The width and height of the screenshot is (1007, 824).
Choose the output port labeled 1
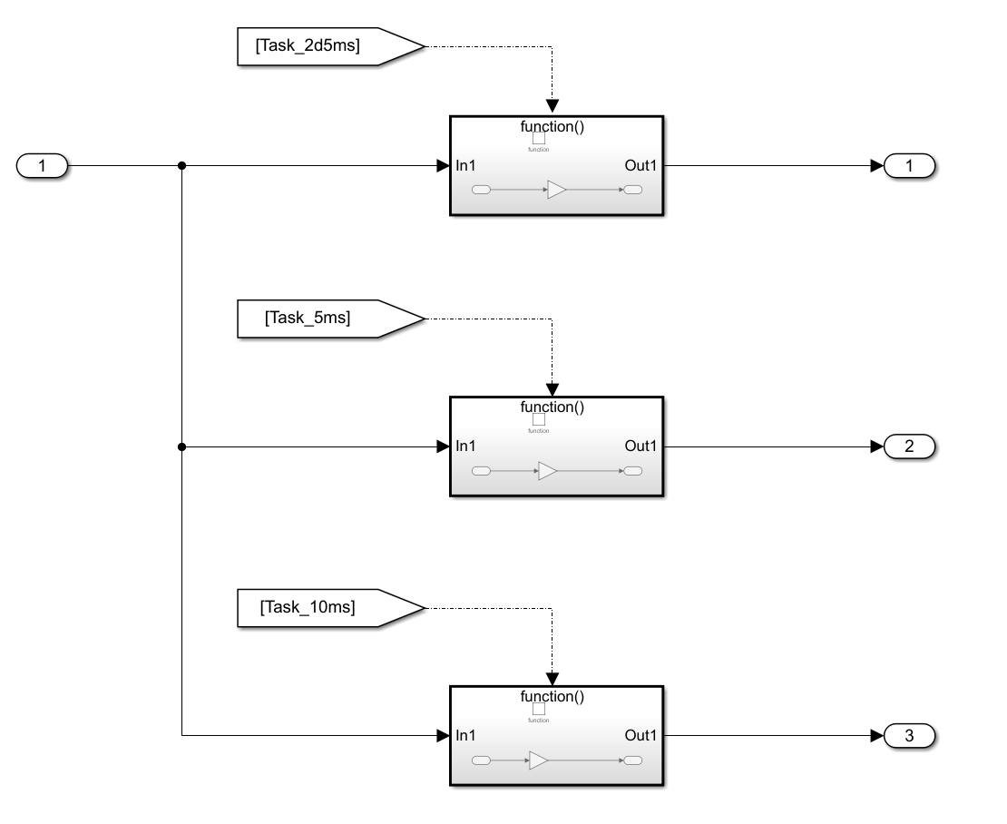tap(909, 166)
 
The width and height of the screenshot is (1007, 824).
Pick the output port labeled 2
tap(909, 446)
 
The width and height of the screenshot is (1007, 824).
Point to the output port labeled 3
tap(909, 735)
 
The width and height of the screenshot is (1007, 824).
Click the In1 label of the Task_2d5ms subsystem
tap(466, 166)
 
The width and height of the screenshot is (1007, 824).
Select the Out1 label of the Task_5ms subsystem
tap(642, 446)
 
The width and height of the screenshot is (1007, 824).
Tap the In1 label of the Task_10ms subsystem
tap(466, 735)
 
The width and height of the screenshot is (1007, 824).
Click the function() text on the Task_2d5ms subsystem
tap(552, 126)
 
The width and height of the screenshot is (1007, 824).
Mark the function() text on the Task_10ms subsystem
tap(552, 696)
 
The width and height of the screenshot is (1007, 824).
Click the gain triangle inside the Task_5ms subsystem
tap(547, 471)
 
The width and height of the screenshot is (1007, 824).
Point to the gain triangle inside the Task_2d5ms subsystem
tap(556, 191)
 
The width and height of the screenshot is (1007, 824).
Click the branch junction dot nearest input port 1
tap(182, 166)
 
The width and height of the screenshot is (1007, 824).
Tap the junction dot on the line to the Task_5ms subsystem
tap(182, 446)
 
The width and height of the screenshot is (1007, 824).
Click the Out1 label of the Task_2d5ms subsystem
tap(642, 166)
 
